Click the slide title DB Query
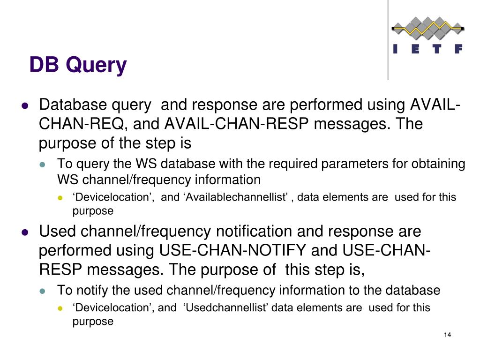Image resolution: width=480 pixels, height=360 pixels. pyautogui.click(x=78, y=65)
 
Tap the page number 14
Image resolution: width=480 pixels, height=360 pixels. pyautogui.click(x=447, y=335)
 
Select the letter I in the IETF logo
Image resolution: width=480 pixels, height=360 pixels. pyautogui.click(x=396, y=49)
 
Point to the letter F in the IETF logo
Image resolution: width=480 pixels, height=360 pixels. pyautogui.click(x=458, y=49)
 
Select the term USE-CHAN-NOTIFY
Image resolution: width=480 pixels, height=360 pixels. pyautogui.click(x=233, y=251)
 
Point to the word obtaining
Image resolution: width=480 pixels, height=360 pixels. pyautogui.click(x=438, y=164)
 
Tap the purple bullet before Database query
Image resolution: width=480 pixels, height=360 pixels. pyautogui.click(x=26, y=105)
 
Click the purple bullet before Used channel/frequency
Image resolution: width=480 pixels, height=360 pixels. pyautogui.click(x=26, y=232)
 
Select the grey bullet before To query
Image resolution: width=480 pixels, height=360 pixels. pyautogui.click(x=42, y=165)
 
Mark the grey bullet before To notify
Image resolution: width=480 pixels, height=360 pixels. pyautogui.click(x=42, y=291)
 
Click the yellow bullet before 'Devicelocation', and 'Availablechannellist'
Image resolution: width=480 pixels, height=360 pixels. pyautogui.click(x=60, y=198)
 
